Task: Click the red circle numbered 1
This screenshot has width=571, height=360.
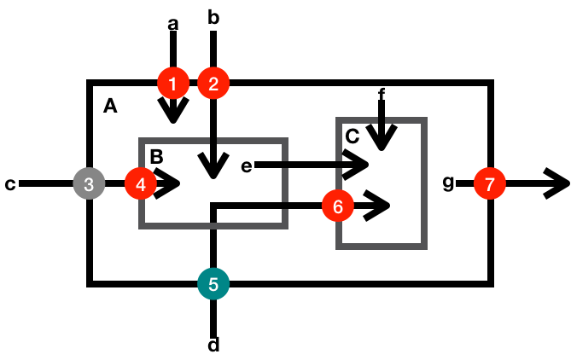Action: coord(173,84)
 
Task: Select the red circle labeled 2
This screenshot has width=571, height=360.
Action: coord(213,84)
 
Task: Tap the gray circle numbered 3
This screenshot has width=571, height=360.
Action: coord(89,183)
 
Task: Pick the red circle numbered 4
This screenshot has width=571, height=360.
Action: coord(141,183)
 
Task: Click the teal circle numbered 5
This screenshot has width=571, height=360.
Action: coord(213,284)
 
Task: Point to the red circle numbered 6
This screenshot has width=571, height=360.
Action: coord(338,206)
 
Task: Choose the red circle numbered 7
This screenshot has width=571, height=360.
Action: coord(490,183)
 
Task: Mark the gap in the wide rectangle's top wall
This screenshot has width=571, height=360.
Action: coord(213,141)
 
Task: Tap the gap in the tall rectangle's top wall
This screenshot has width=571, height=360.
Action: coord(382,120)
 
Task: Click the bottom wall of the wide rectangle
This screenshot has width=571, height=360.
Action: coord(213,226)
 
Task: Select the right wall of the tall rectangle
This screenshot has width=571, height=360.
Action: coord(424,183)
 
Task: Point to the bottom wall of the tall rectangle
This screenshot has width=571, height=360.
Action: coord(382,247)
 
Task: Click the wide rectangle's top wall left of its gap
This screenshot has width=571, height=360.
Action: coord(175,141)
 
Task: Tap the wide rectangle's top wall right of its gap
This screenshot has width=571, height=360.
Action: coord(252,141)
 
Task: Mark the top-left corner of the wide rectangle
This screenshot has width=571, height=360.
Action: coord(142,141)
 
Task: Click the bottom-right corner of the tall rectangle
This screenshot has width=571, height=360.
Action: coord(424,247)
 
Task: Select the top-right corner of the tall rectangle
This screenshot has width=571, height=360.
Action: coord(424,120)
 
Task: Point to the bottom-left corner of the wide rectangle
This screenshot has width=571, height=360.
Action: coord(142,226)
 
